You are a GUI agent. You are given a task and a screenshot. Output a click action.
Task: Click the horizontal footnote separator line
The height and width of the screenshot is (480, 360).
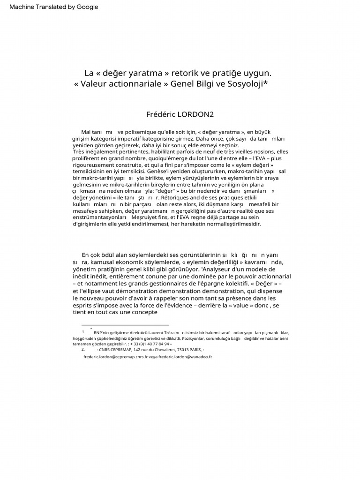point(125,325)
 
